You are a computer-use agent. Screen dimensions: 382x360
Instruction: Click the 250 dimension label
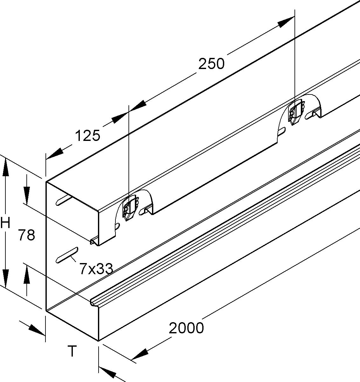click(x=211, y=64)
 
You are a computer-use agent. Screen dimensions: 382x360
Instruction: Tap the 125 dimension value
click(x=88, y=136)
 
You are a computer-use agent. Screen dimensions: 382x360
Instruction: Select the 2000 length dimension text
click(x=186, y=328)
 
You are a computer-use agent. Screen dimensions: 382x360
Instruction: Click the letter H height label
click(x=5, y=223)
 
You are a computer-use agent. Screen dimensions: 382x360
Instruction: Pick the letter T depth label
click(x=73, y=351)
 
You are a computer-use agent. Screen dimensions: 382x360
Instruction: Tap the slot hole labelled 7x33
click(x=67, y=255)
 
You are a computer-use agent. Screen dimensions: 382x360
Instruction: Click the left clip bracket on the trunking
click(x=130, y=209)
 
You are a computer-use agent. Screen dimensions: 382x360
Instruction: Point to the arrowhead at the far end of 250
click(x=286, y=22)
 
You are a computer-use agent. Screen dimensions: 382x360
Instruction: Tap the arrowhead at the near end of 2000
click(x=140, y=354)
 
